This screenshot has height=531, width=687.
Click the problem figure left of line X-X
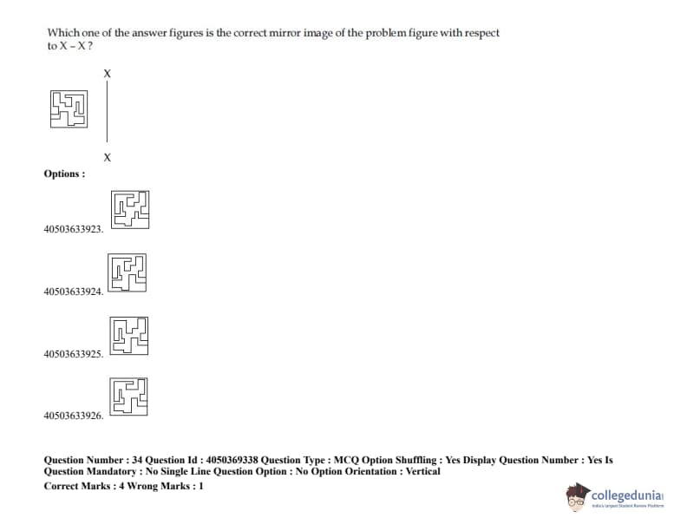tap(69, 109)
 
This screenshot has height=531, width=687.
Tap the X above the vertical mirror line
tap(108, 74)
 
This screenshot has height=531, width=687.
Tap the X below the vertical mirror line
tap(108, 157)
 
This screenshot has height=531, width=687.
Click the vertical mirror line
tap(107, 111)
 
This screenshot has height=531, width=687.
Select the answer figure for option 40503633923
tap(130, 209)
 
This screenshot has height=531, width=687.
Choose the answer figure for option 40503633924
tap(127, 272)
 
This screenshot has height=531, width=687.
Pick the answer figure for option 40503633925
tap(128, 336)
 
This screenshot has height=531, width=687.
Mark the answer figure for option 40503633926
tap(128, 397)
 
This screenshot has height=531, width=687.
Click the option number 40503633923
tap(73, 229)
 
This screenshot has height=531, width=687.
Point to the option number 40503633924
tap(73, 292)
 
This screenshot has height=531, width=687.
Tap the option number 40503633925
tap(73, 353)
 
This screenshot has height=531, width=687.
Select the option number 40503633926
tap(73, 416)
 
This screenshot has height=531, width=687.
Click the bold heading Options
tap(64, 174)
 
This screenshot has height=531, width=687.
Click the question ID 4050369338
tap(232, 460)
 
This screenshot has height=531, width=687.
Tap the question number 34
tap(137, 460)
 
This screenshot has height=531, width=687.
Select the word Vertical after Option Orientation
tap(422, 471)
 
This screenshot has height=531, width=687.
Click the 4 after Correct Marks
tap(121, 486)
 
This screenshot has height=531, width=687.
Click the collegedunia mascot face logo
tap(577, 497)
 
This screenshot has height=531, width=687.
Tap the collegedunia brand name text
tap(627, 495)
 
